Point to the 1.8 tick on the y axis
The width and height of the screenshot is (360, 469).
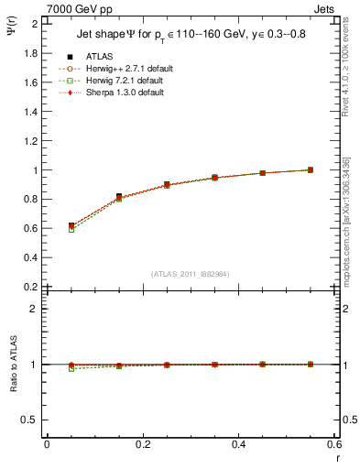[x=31, y=52]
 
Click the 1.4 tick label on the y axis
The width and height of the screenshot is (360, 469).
[x=31, y=111]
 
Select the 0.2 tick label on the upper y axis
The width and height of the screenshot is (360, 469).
[x=31, y=287]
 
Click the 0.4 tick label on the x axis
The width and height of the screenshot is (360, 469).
[x=240, y=444]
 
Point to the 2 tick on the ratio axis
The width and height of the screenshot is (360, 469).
[x=35, y=309]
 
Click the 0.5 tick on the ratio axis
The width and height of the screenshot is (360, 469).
[x=31, y=420]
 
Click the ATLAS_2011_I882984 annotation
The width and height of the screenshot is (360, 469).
[x=190, y=275]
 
